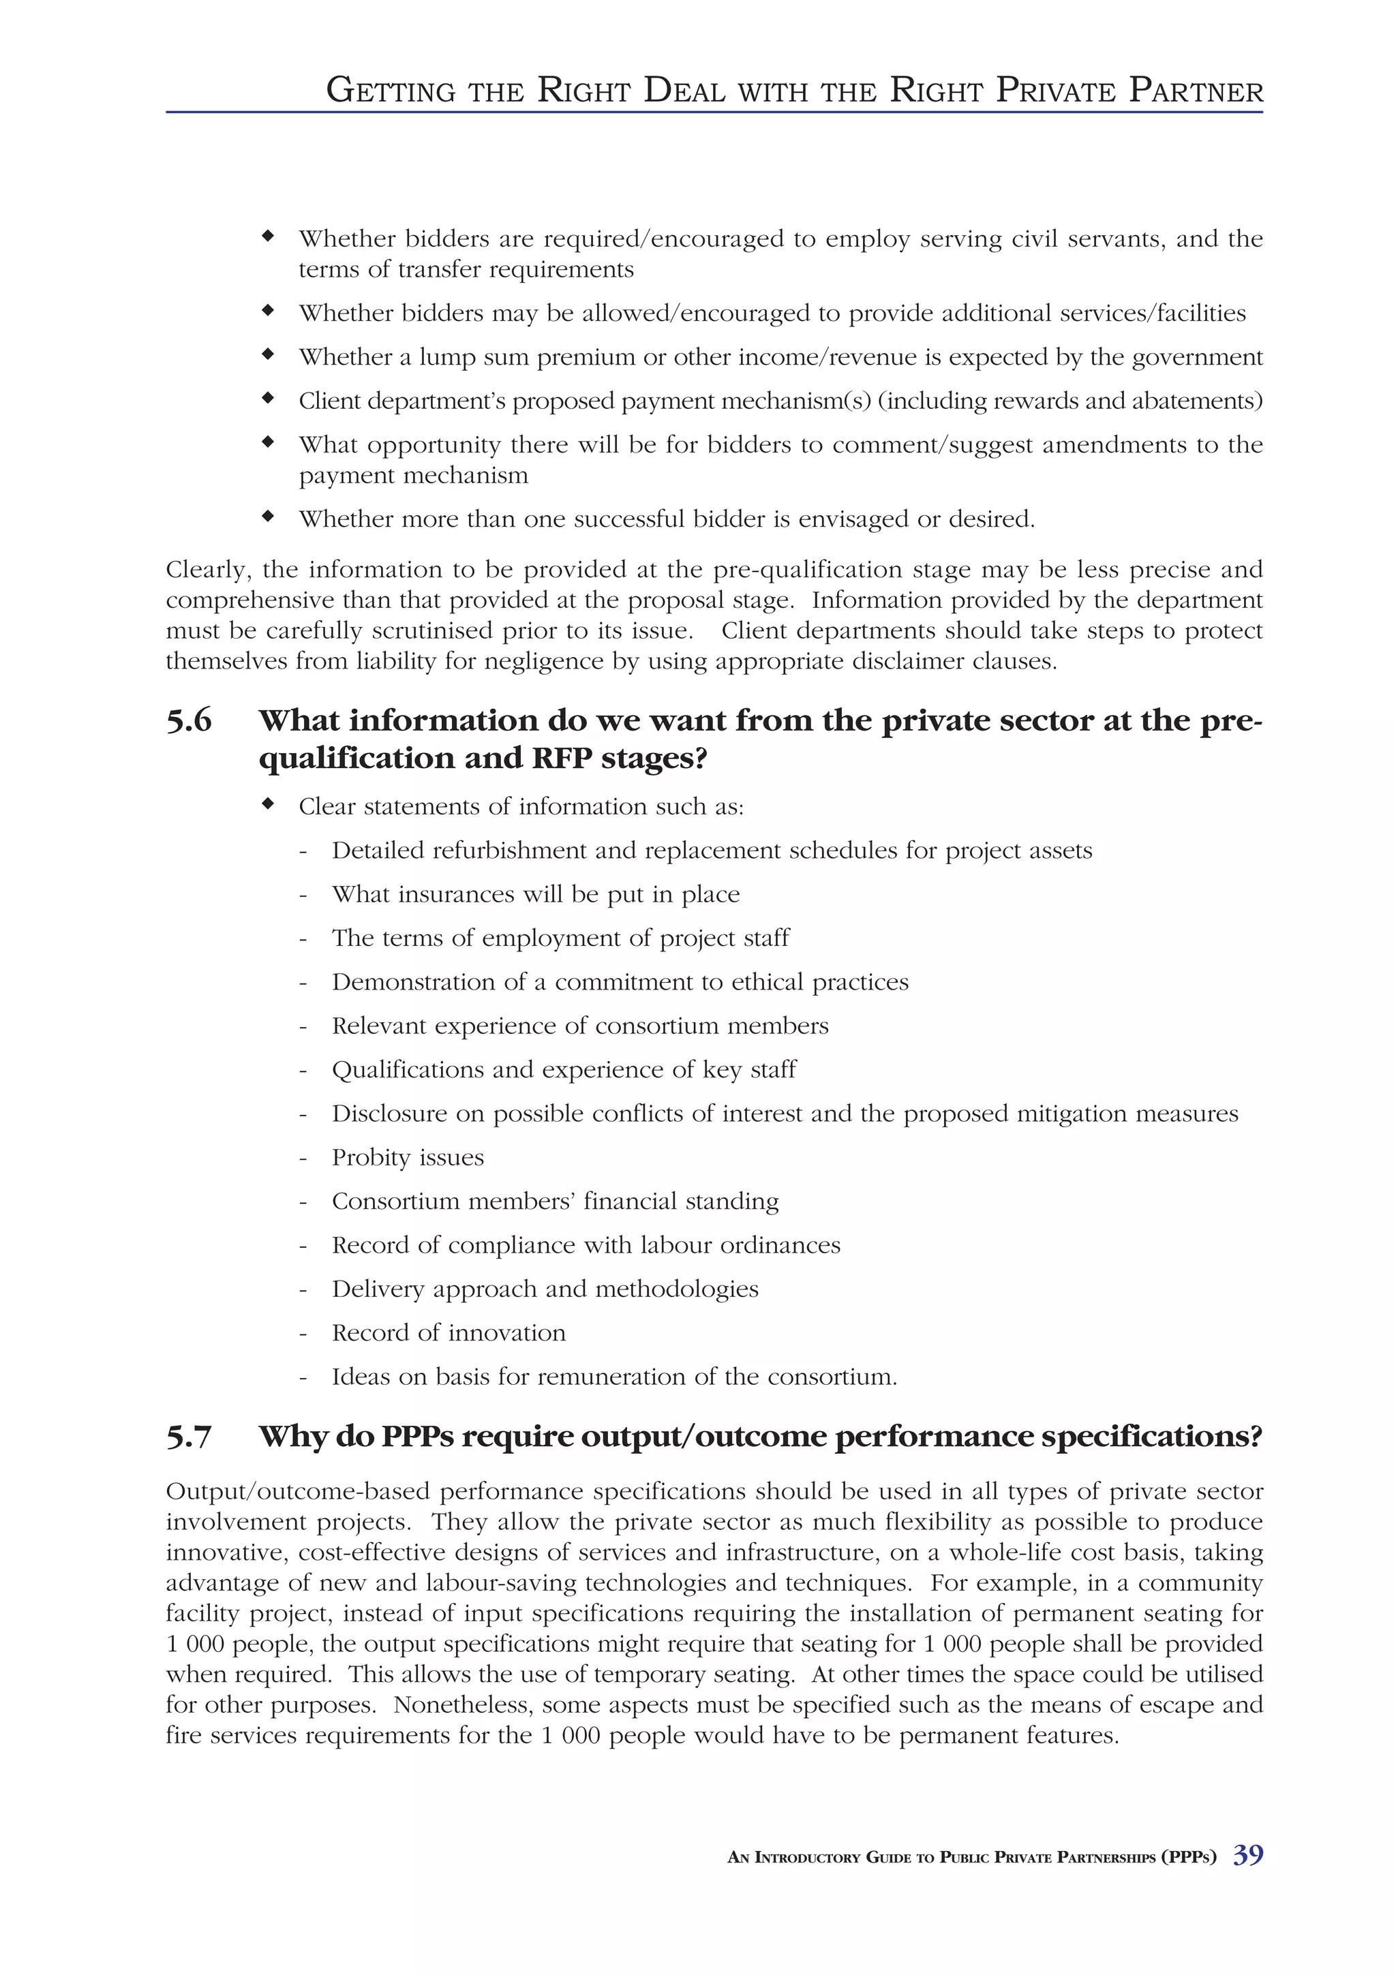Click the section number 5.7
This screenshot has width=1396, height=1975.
tap(188, 1437)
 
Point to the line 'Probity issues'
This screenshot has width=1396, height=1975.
tap(408, 1158)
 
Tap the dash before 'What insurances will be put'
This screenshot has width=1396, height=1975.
tap(303, 895)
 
